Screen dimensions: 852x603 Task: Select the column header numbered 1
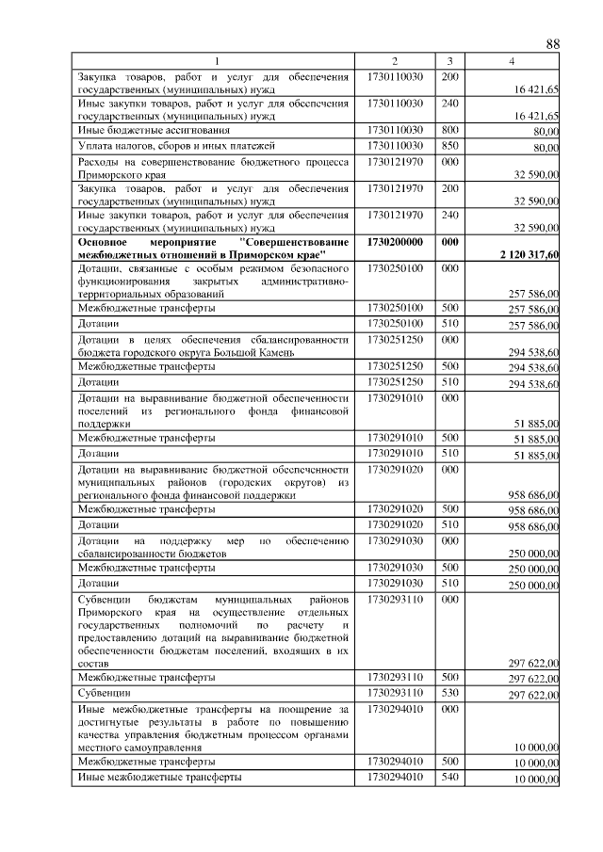216,61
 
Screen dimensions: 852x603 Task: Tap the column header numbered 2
395,61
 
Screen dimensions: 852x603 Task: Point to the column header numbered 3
450,61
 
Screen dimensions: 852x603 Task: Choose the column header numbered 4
513,61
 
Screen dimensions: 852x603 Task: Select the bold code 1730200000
395,242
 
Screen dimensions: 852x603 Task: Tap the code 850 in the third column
450,146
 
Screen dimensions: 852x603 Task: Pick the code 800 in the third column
450,129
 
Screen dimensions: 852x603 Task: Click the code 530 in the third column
450,693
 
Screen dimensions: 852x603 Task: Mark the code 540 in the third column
450,777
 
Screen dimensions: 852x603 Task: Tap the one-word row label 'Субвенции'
104,694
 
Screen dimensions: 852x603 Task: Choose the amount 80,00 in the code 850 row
546,148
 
